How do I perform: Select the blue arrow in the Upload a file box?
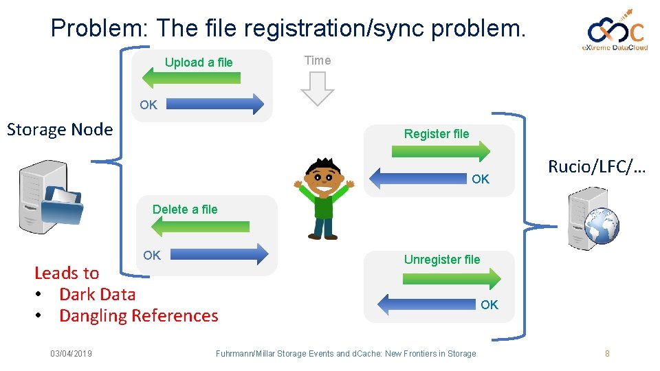coord(214,104)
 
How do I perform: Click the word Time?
coord(318,60)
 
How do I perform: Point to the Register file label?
coord(437,134)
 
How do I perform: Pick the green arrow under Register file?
coord(447,151)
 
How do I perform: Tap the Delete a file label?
coord(185,210)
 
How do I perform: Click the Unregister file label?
coord(442,260)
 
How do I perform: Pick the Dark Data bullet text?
coord(97,295)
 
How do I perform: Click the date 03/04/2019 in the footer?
coord(71,354)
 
